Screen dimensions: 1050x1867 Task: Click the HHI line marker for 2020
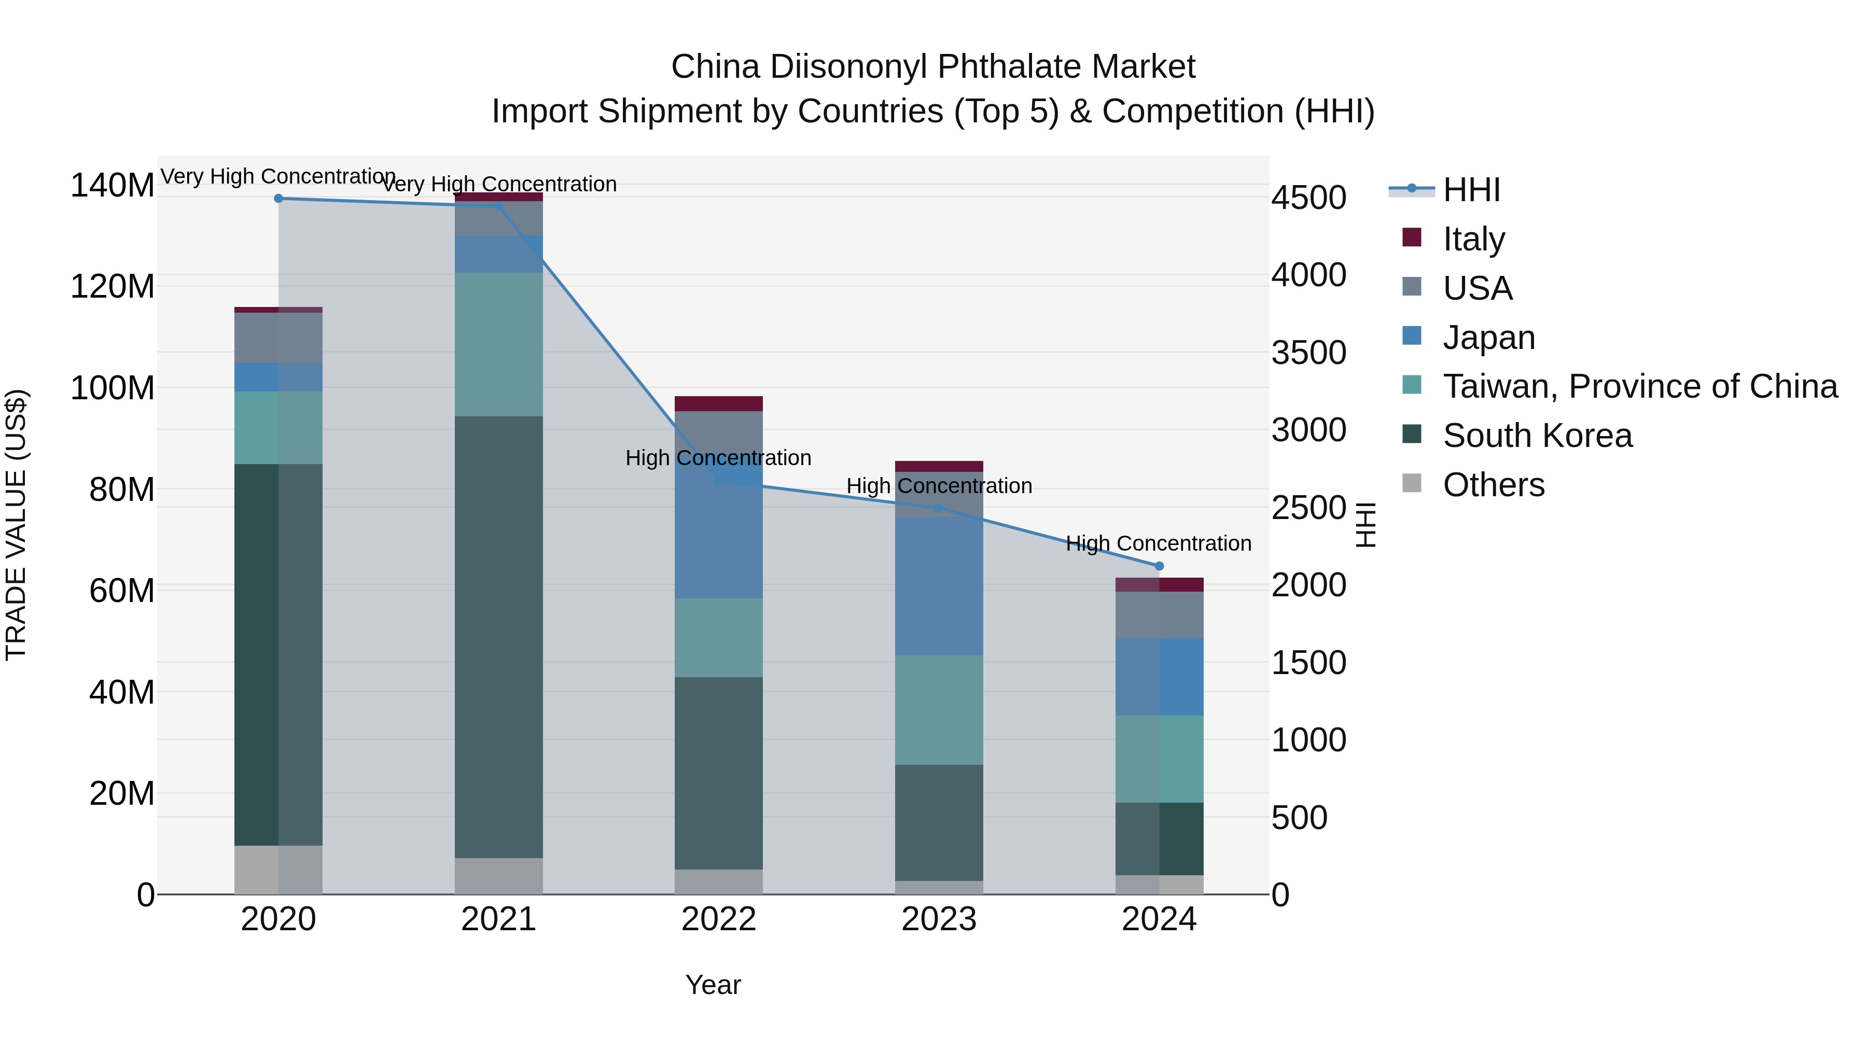click(x=278, y=198)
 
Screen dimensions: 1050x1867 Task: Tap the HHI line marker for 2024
click(x=1159, y=566)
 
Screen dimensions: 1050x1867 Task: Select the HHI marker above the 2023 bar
click(x=939, y=508)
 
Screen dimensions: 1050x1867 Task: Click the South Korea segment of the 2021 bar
click(x=498, y=638)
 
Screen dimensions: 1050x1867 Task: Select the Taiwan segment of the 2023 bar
click(x=939, y=710)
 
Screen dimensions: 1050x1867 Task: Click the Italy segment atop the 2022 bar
click(x=718, y=403)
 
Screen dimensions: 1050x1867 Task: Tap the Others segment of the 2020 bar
click(x=278, y=870)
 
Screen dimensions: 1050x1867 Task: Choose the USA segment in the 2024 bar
click(x=1159, y=614)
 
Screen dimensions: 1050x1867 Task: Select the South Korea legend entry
click(x=1537, y=436)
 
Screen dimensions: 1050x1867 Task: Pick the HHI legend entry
click(x=1471, y=190)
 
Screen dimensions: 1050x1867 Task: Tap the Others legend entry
click(x=1493, y=485)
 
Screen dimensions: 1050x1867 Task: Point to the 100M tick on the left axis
click(x=113, y=388)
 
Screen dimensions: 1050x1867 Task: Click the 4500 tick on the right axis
click(x=1309, y=197)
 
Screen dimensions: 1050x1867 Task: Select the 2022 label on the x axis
click(x=718, y=919)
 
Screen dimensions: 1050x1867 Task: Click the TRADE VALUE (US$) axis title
click(x=16, y=525)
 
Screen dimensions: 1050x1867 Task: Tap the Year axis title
click(x=713, y=985)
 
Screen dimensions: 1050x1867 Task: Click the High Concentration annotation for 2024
click(x=1158, y=543)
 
